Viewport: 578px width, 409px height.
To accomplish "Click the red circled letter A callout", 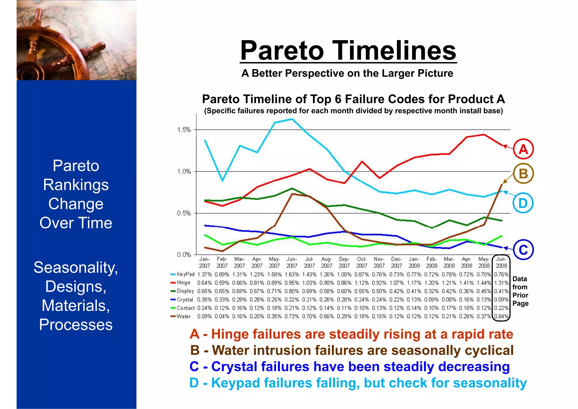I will click(x=523, y=149).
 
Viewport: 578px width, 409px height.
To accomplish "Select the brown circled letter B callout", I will click(x=523, y=173).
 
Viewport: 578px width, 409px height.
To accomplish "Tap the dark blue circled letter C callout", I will click(x=523, y=250).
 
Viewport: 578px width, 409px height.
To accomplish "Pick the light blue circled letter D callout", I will click(x=523, y=203).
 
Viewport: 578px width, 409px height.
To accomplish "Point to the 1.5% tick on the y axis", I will click(x=184, y=130).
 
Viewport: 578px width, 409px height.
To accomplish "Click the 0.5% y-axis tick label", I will click(x=184, y=213).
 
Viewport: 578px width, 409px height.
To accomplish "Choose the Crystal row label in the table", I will click(x=185, y=300).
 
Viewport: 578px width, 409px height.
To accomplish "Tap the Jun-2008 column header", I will click(x=501, y=262).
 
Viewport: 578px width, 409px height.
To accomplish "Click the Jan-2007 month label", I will click(x=204, y=262).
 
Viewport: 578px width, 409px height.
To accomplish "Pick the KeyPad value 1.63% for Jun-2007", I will click(x=292, y=275).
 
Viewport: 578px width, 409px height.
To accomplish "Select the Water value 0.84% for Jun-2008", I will click(x=501, y=316).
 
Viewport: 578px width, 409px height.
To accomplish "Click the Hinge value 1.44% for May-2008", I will click(x=484, y=283).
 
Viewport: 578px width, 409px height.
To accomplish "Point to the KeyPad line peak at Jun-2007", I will click(x=292, y=119).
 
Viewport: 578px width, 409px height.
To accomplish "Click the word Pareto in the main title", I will click(x=282, y=51).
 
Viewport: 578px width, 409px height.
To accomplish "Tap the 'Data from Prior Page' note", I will click(x=520, y=291).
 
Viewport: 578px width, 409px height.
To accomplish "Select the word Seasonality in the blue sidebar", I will click(x=76, y=267).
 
